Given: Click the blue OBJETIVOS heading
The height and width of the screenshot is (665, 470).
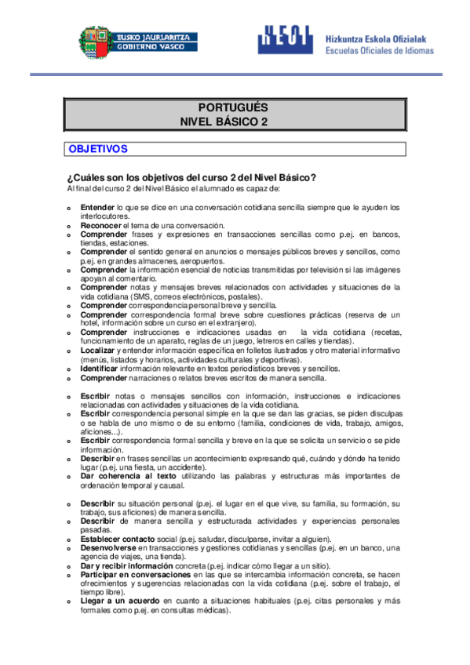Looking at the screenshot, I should [98, 148].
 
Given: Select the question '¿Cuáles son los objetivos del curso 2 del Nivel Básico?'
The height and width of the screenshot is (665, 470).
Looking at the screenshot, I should [192, 176].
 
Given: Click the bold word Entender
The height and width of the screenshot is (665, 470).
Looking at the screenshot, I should [97, 207].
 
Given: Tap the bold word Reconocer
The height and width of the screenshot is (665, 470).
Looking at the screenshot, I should [100, 225].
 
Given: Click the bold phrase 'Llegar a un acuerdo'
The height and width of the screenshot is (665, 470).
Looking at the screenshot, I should [121, 601].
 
